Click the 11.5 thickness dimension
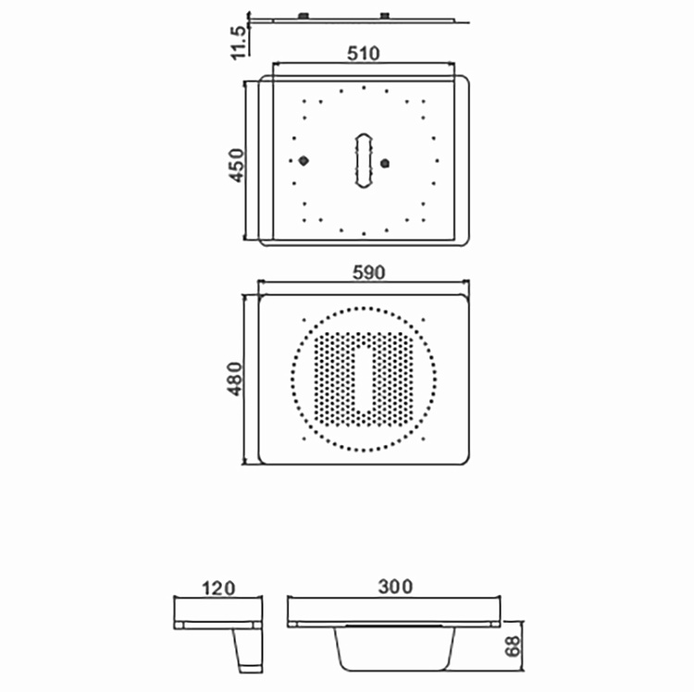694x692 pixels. coord(238,43)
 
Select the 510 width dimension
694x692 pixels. coord(364,54)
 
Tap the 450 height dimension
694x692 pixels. coord(236,166)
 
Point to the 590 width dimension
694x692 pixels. coord(368,273)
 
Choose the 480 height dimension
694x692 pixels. coord(235,378)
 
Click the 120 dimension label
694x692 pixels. coord(218,588)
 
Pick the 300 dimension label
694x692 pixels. coord(395,587)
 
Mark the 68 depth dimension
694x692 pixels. coord(513,647)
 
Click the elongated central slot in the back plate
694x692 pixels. coord(364,161)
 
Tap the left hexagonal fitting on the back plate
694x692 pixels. coord(304,161)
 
